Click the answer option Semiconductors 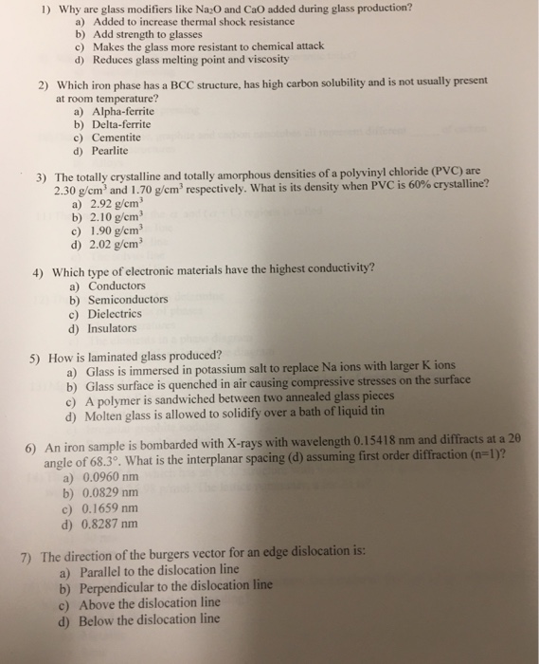click(x=127, y=300)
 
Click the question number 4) click(x=36, y=268)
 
